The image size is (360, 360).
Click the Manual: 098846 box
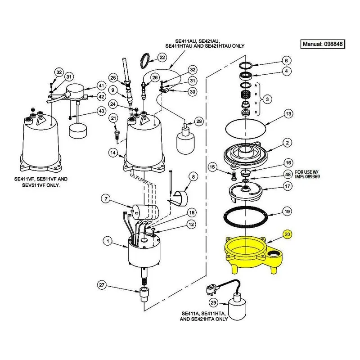click(323, 44)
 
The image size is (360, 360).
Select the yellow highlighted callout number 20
click(287, 234)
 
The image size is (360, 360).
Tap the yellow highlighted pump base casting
click(253, 254)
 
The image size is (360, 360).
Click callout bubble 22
click(162, 58)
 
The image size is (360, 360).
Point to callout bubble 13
click(288, 114)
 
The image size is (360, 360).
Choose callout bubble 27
click(102, 285)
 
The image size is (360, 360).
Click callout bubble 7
click(106, 198)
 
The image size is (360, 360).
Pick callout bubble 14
click(113, 153)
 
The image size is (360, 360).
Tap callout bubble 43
click(101, 111)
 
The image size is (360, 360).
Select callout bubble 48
click(288, 175)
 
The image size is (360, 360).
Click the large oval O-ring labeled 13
click(245, 129)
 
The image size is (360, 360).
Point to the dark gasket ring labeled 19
click(246, 217)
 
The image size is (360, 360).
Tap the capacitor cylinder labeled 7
click(145, 211)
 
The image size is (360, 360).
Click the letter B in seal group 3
click(256, 94)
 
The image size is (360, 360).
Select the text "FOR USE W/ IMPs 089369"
click(307, 175)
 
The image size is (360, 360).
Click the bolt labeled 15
click(234, 176)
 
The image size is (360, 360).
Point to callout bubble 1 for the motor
click(108, 241)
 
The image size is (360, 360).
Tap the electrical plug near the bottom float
click(212, 289)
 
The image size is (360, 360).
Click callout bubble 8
click(193, 176)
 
